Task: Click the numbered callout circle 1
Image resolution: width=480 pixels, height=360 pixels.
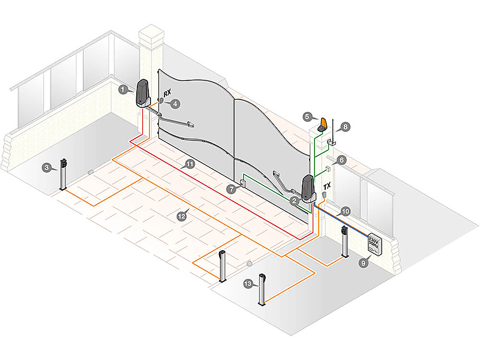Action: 122,90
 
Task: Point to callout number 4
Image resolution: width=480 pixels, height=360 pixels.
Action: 175,104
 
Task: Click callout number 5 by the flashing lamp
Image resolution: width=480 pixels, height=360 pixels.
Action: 307,116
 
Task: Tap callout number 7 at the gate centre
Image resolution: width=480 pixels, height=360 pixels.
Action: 231,189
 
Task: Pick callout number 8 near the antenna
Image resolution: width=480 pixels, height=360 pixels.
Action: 344,127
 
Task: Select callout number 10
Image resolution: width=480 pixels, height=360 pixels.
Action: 345,211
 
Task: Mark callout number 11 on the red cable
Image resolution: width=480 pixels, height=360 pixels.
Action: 190,164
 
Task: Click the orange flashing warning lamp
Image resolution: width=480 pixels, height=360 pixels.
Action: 323,124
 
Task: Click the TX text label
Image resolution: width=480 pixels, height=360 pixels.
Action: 328,187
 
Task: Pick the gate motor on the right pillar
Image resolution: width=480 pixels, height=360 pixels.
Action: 308,188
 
